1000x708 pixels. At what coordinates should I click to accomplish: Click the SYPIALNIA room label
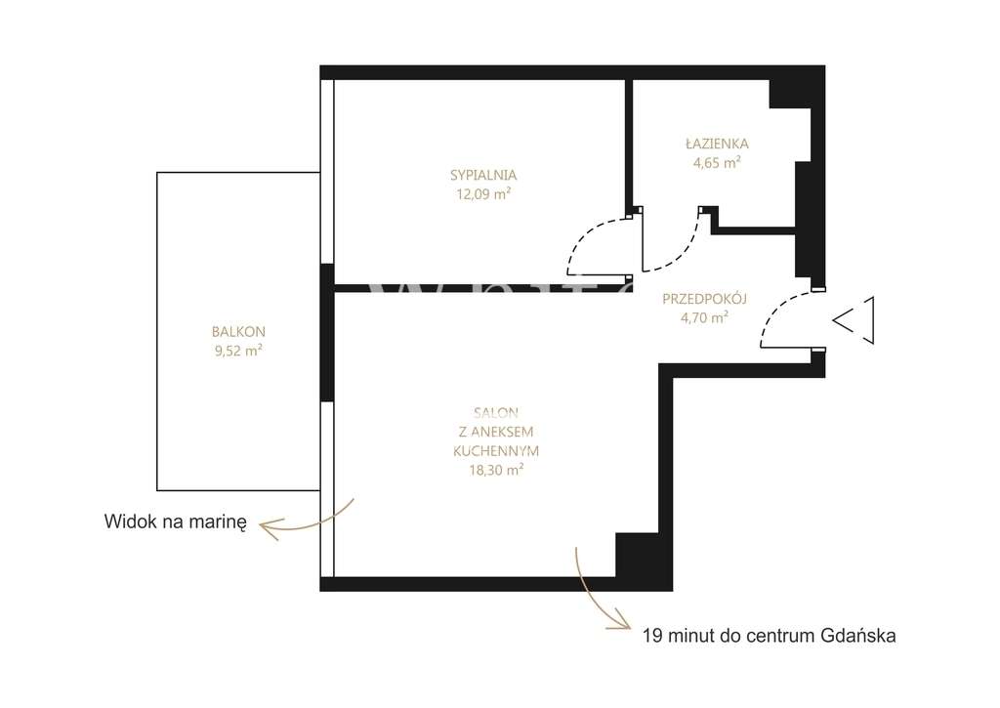[483, 175]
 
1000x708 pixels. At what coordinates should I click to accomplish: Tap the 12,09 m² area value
[483, 193]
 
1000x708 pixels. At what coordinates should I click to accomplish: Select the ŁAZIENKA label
[716, 144]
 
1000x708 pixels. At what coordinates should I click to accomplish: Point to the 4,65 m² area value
[716, 163]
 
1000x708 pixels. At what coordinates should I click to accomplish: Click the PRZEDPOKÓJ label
[704, 299]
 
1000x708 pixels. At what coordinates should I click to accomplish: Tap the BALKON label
[238, 331]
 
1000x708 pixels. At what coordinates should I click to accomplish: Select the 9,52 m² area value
[238, 351]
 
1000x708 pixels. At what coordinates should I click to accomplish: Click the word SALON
[496, 413]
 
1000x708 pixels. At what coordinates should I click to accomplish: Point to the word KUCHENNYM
[496, 451]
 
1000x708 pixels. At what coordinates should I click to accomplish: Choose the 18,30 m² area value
[496, 470]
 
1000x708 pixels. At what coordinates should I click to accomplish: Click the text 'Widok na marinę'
[176, 521]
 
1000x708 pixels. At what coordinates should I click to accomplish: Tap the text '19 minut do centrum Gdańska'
[769, 636]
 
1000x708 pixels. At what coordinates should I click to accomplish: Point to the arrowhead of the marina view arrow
[266, 527]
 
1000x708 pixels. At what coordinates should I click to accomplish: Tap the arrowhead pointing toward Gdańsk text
[623, 621]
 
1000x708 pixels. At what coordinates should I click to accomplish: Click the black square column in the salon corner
[636, 555]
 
